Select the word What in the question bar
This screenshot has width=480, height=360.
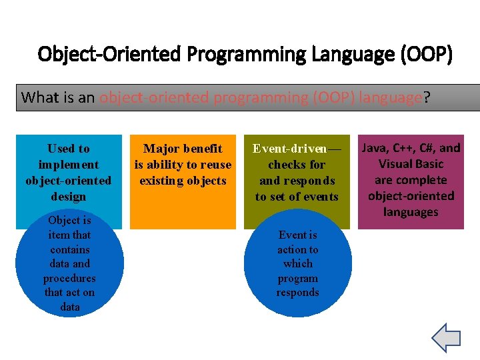[39, 97]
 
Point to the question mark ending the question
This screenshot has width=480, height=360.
[427, 97]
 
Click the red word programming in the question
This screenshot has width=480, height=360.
[262, 97]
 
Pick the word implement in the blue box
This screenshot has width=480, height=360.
[69, 165]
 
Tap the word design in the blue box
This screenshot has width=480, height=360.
[69, 197]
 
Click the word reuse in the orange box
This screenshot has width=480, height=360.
[215, 165]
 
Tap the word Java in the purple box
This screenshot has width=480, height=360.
[373, 148]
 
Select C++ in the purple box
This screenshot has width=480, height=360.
[403, 148]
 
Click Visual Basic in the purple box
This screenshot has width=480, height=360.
[411, 164]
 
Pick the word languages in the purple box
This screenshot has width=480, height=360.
[411, 212]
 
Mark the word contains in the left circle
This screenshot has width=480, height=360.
[70, 249]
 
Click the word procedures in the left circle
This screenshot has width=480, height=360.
[69, 278]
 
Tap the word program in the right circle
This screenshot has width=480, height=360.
[297, 278]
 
